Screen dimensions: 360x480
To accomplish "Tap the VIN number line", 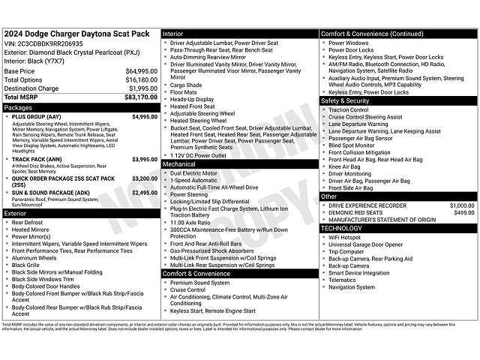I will [x=43, y=43].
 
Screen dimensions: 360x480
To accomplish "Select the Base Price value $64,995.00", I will [x=139, y=71].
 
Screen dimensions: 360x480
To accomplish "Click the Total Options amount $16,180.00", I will [x=139, y=79].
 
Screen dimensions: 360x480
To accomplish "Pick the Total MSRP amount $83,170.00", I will [x=139, y=97].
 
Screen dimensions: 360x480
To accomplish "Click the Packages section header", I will [x=19, y=108].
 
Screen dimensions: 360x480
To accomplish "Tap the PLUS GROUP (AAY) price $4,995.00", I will [x=144, y=117].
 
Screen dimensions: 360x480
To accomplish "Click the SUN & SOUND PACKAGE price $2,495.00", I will [x=144, y=193].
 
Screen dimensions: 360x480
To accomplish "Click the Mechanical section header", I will [x=179, y=163].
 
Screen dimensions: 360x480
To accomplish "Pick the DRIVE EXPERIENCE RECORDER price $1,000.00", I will [x=461, y=205].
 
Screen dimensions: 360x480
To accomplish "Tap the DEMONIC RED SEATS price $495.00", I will [x=464, y=212].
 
